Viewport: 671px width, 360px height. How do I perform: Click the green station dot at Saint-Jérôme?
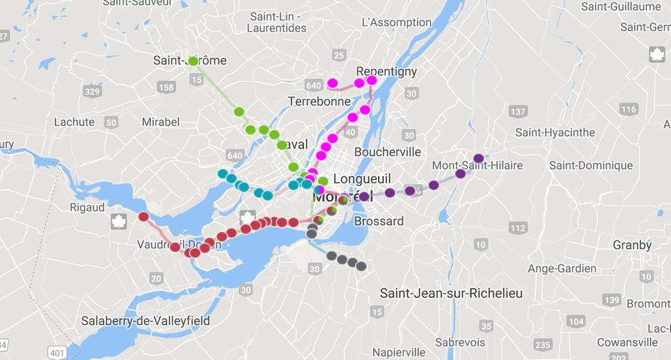coord(193,61)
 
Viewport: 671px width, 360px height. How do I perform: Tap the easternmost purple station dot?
coord(479,158)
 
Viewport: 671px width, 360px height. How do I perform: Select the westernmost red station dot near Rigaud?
coord(144,217)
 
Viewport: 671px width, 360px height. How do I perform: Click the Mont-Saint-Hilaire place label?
coord(477,166)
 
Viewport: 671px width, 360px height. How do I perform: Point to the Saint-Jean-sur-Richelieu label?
coord(451,294)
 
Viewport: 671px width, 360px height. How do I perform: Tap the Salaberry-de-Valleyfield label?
coord(145,320)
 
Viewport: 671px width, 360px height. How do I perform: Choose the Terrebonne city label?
coord(319,101)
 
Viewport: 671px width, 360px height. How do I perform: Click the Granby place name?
coord(632,245)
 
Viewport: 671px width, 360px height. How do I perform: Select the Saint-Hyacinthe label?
coord(555,132)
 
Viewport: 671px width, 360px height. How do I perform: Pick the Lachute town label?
coord(74,122)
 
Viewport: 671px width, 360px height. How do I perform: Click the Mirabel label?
coord(160,122)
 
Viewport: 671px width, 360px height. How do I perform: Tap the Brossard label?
coord(379,221)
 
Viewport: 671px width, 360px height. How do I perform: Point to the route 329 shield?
coord(92,91)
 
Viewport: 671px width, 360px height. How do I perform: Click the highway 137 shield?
coord(518,112)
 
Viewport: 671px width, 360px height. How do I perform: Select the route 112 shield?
coord(518,228)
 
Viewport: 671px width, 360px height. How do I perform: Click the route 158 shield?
coord(166,87)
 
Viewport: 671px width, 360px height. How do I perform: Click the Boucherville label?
coord(388,152)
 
